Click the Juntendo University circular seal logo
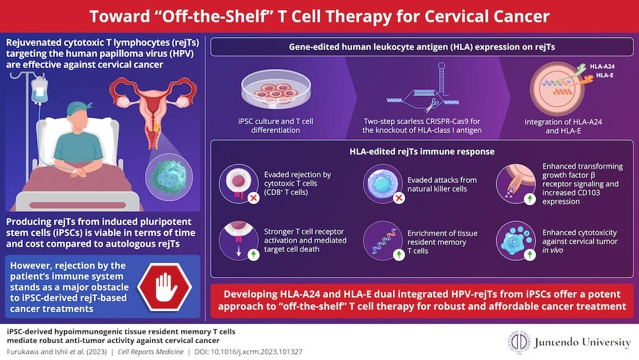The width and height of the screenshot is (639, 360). (x=514, y=342)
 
